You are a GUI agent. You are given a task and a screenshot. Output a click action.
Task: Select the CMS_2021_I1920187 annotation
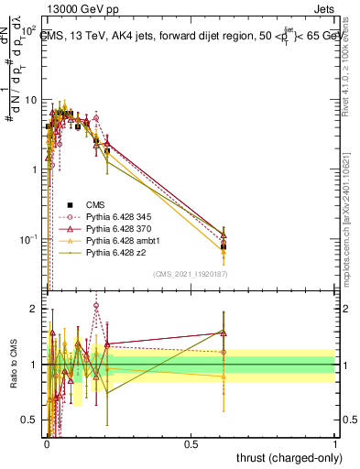click(190, 275)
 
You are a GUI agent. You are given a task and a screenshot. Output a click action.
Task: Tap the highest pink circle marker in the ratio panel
click(96, 306)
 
